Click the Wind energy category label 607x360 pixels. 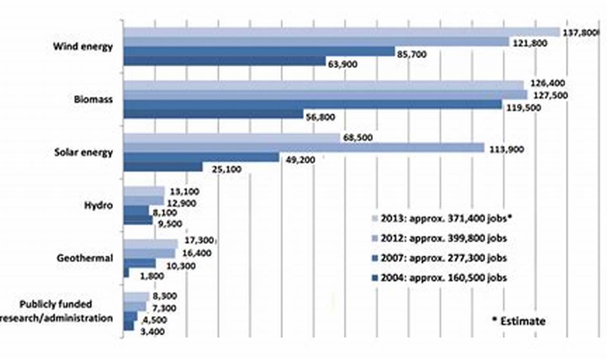(83, 47)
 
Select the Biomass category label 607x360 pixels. (93, 100)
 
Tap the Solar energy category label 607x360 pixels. (83, 153)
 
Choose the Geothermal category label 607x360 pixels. (85, 258)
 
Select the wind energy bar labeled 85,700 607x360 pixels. (258, 51)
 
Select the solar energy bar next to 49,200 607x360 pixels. (201, 157)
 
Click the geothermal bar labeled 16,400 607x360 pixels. (149, 254)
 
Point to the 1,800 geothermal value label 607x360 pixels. (151, 276)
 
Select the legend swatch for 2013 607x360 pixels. (375, 218)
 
